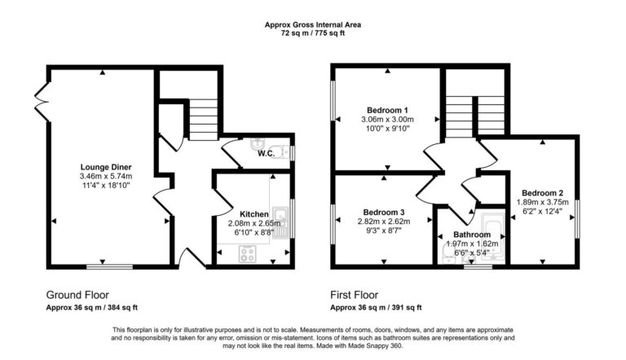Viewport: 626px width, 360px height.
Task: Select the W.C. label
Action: point(265,153)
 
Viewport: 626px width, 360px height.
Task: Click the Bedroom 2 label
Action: point(544,193)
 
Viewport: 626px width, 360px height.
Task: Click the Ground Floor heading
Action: point(78,295)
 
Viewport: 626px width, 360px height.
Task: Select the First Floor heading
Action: point(356,295)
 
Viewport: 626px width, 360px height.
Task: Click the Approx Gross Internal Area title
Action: point(313,25)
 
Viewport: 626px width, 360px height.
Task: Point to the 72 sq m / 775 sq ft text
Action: point(313,34)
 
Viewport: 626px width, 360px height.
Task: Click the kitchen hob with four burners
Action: point(247,254)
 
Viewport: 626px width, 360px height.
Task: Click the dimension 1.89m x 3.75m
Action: point(544,203)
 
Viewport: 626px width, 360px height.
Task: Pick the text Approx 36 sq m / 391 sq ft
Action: point(376,308)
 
